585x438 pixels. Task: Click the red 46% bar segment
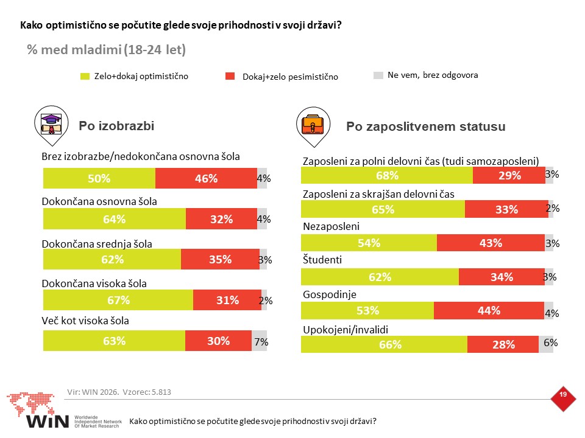click(x=206, y=178)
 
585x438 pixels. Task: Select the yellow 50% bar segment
click(x=99, y=178)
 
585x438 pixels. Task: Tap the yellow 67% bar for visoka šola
click(x=118, y=300)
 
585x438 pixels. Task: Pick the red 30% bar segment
click(x=218, y=341)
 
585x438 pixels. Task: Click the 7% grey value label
click(x=261, y=341)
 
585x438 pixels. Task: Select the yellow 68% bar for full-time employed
click(x=387, y=175)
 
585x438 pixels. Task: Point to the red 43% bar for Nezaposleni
click(x=491, y=243)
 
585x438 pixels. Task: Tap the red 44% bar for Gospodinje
click(x=489, y=311)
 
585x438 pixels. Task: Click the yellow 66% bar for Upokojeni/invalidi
click(x=384, y=344)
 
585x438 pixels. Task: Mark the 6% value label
click(x=551, y=342)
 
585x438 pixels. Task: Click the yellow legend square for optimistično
click(x=85, y=77)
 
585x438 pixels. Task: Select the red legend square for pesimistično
click(x=230, y=76)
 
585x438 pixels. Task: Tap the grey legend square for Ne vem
click(x=378, y=75)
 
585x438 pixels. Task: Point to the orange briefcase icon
click(x=313, y=125)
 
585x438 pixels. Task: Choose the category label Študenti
click(x=322, y=260)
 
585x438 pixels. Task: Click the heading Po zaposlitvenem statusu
click(x=426, y=127)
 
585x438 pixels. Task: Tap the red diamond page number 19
click(x=563, y=398)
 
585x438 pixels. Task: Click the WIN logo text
click(x=48, y=421)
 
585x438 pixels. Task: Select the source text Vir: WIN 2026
click(x=93, y=392)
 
